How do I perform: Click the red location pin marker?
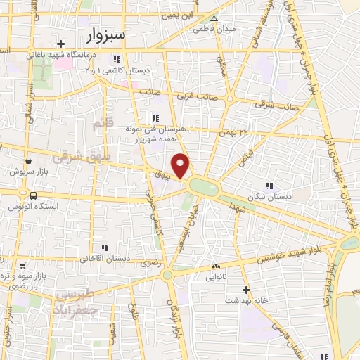pyautogui.click(x=181, y=166)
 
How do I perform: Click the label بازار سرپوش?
pyautogui.click(x=28, y=170)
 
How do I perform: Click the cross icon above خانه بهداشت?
pyautogui.click(x=246, y=290)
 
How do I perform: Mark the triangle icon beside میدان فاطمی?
pyautogui.click(x=214, y=19)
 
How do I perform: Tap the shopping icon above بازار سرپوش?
pyautogui.click(x=27, y=160)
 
